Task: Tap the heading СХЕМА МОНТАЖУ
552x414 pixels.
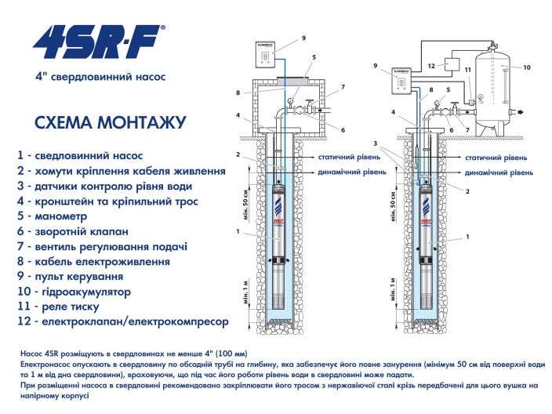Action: pyautogui.click(x=111, y=122)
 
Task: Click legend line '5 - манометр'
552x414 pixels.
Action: pyautogui.click(x=63, y=216)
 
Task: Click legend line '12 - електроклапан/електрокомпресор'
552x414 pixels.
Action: pyautogui.click(x=122, y=322)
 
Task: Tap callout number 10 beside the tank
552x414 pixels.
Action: pyautogui.click(x=527, y=67)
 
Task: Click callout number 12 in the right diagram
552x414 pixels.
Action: pyautogui.click(x=430, y=67)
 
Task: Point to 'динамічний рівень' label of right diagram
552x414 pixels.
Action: pyautogui.click(x=496, y=171)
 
